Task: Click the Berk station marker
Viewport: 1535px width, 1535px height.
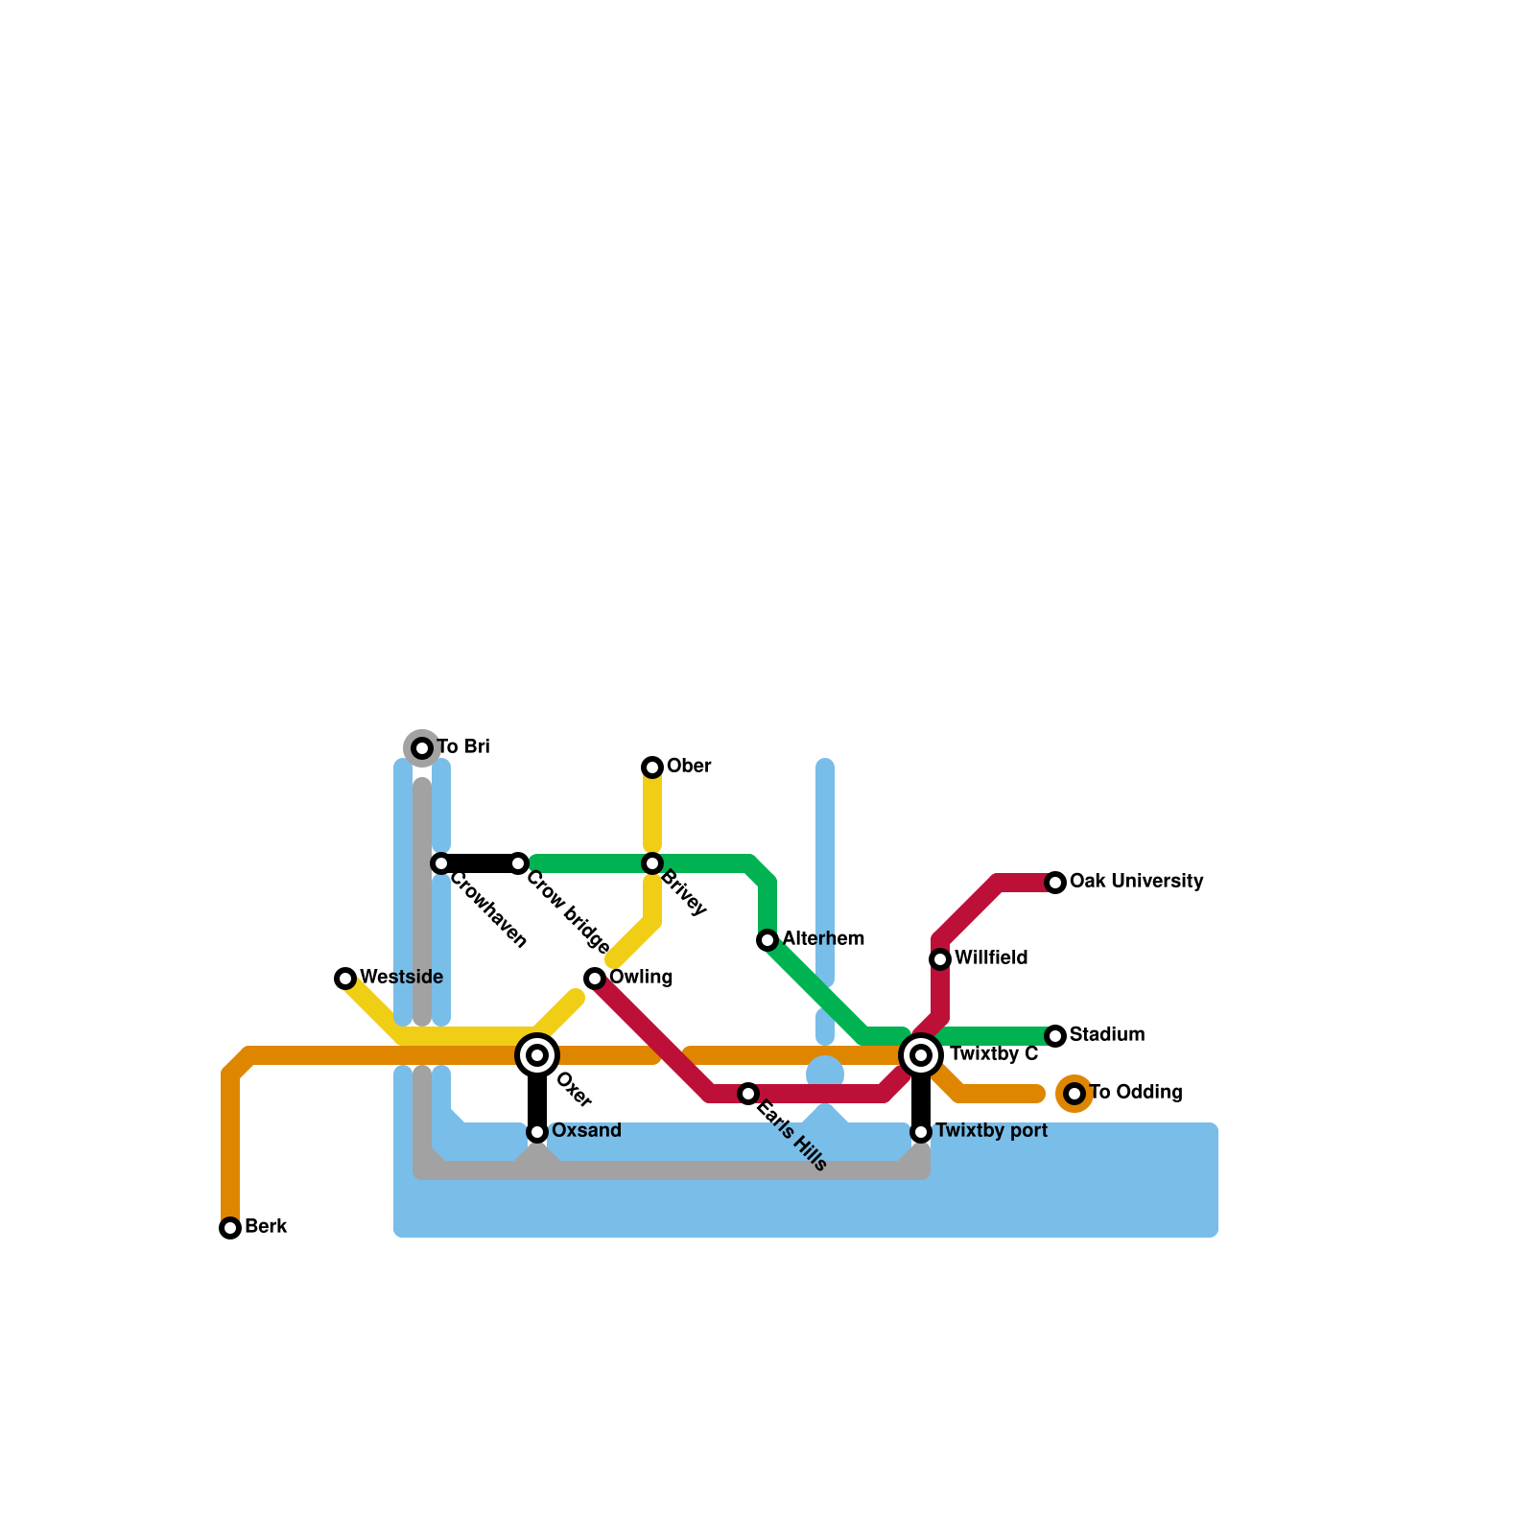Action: (230, 1228)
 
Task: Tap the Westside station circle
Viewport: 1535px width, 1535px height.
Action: (345, 979)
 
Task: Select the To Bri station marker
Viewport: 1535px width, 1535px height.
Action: (422, 748)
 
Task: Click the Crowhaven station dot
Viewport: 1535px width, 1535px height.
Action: (441, 863)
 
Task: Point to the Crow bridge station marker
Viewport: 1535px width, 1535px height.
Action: (518, 863)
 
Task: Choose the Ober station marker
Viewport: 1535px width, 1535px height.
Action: (652, 767)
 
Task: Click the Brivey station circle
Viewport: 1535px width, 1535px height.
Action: (652, 863)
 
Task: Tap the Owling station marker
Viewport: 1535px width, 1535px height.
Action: (595, 979)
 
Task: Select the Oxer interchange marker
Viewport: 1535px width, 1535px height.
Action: (537, 1055)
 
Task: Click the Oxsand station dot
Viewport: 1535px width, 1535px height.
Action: (537, 1132)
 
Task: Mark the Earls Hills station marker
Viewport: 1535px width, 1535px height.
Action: (748, 1094)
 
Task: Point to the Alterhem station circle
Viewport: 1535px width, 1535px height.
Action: (767, 940)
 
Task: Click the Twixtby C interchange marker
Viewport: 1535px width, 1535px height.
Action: (921, 1055)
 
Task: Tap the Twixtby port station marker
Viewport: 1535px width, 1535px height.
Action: (921, 1132)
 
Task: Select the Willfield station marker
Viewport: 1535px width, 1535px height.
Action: (940, 959)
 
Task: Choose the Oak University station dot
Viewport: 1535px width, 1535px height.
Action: (1055, 883)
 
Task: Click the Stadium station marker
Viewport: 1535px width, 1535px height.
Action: (1055, 1036)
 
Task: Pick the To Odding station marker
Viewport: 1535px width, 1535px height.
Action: (1074, 1094)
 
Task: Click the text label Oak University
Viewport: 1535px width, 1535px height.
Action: (1136, 881)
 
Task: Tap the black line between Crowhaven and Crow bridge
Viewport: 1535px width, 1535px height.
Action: (480, 863)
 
